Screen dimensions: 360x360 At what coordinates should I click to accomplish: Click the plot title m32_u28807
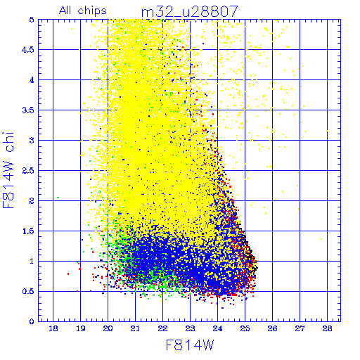[x=190, y=12]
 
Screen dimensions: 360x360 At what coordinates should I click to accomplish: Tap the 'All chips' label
[x=83, y=11]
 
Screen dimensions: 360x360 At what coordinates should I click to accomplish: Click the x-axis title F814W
[x=190, y=345]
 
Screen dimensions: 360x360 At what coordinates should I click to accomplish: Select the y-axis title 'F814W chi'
[x=8, y=170]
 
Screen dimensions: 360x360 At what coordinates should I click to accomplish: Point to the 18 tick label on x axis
[x=53, y=328]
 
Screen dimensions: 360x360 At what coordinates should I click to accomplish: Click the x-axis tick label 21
[x=135, y=328]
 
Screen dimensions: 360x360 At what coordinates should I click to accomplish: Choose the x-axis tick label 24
[x=217, y=328]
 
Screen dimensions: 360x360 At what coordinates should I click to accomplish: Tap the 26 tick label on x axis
[x=272, y=328]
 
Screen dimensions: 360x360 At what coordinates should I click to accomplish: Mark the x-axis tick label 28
[x=327, y=328]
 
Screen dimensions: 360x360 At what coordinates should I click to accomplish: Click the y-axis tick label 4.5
[x=28, y=50]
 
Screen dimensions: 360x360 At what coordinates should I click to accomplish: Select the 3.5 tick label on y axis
[x=28, y=110]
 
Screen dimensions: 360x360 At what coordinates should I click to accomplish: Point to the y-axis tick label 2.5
[x=28, y=171]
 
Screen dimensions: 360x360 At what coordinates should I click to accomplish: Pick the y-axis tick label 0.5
[x=28, y=292]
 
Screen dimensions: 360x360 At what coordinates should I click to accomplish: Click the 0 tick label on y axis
[x=32, y=321]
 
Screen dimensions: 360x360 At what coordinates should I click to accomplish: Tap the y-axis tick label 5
[x=32, y=20]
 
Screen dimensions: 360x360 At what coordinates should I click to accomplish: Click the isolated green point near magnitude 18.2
[x=58, y=198]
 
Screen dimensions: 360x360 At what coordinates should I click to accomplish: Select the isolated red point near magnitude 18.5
[x=68, y=274]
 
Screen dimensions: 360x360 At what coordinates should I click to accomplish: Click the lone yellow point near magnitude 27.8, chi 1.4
[x=321, y=239]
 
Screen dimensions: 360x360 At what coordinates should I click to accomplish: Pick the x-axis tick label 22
[x=162, y=328]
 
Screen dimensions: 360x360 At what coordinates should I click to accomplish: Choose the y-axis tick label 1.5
[x=28, y=231]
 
